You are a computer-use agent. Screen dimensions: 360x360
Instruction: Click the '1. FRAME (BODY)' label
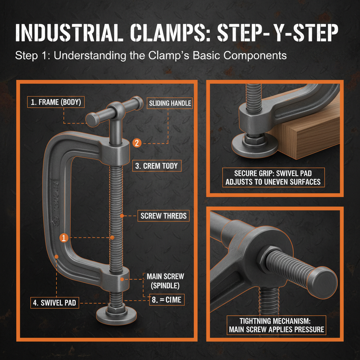pos(56,103)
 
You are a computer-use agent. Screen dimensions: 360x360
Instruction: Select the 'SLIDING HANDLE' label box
pos(170,103)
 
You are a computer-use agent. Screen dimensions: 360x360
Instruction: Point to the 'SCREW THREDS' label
pos(163,216)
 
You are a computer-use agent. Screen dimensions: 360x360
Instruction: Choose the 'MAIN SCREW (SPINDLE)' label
pos(166,280)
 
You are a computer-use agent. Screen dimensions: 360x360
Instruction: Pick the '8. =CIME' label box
pos(166,300)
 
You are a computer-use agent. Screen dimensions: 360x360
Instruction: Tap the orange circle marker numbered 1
pos(64,238)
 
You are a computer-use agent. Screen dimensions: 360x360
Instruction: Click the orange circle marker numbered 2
pos(137,143)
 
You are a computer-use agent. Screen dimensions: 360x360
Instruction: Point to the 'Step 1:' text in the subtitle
pos(31,56)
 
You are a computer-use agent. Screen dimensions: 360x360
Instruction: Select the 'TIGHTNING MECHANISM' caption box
pos(276,325)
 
